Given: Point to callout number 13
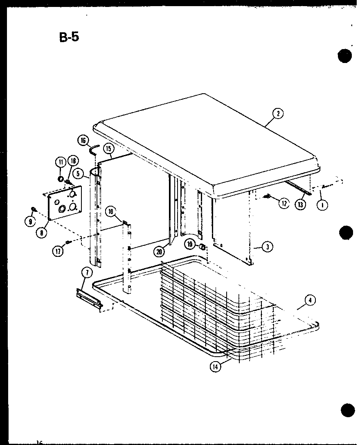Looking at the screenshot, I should tap(301, 205).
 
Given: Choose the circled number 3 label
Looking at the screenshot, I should tap(267, 247).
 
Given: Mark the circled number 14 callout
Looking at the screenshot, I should tap(215, 366).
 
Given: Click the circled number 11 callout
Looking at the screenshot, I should tap(60, 162).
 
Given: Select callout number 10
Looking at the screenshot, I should tap(111, 211).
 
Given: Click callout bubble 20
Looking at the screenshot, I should tap(159, 252).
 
